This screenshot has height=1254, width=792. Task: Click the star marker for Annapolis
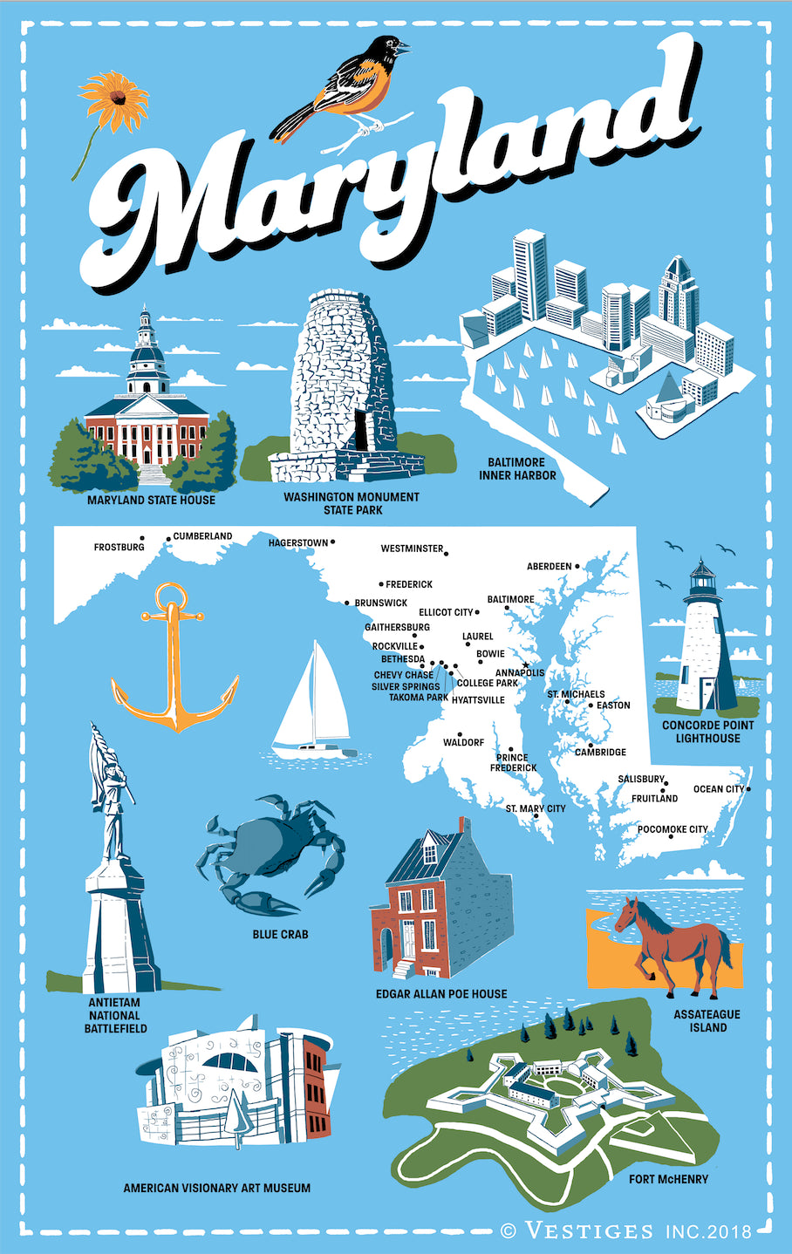[x=525, y=665]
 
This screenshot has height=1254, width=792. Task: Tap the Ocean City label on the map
[x=719, y=789]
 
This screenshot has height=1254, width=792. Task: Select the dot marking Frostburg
[x=142, y=537]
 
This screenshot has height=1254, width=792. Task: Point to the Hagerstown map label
[x=298, y=543]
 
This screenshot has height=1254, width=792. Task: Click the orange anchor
[x=175, y=663]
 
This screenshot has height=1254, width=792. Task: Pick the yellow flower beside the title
[x=113, y=100]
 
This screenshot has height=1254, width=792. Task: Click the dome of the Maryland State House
[x=147, y=358]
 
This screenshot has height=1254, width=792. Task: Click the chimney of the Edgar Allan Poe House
[x=464, y=826]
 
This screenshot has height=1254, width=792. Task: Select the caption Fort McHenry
[x=668, y=1179]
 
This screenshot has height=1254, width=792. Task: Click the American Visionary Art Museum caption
[x=216, y=1188]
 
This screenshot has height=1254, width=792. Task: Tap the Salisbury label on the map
[x=640, y=779]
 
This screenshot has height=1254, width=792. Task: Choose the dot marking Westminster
[x=446, y=553]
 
